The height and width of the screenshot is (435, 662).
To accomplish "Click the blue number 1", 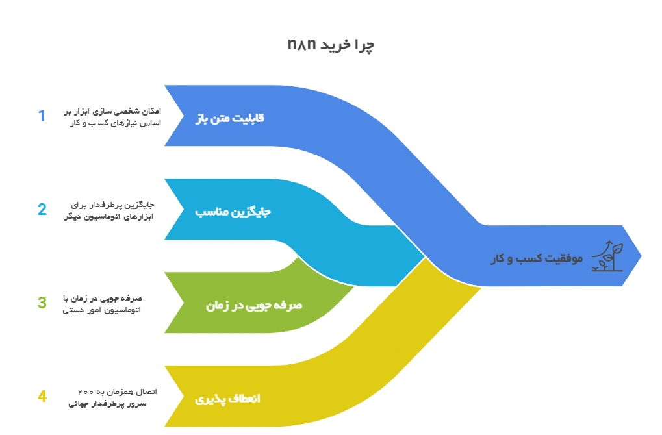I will coord(42,117).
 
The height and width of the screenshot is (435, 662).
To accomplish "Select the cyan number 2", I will coord(42,210).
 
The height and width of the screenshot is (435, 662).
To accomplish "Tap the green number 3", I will coord(42,303).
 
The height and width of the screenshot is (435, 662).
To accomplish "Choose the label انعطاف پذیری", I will coord(227,398).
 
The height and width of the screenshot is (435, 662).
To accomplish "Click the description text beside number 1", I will coord(112,117).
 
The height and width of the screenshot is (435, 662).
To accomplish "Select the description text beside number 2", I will coord(109,210).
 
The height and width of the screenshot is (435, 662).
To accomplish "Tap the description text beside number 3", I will coord(104,303).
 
